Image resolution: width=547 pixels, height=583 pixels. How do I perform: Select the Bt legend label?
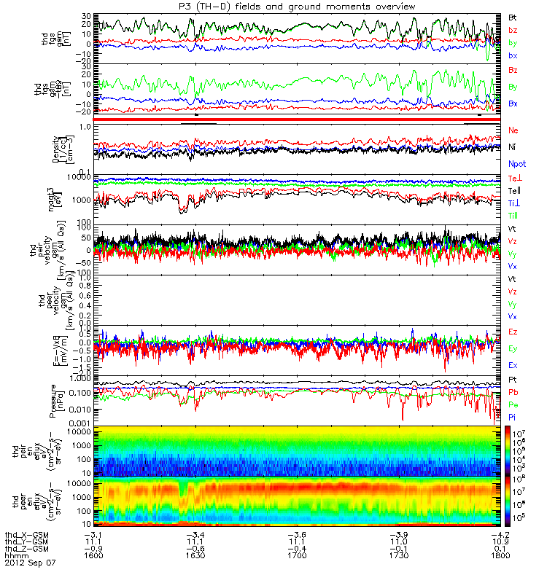(x=513, y=15)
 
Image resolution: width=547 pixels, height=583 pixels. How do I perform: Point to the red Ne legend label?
(x=513, y=130)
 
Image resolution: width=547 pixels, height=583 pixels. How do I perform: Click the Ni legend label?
(x=513, y=146)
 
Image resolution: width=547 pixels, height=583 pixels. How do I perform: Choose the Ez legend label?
(x=513, y=332)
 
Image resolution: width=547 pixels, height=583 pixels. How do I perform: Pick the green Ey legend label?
(x=513, y=348)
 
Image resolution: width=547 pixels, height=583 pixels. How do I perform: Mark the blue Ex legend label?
(x=513, y=365)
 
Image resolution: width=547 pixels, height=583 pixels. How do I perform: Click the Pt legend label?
(x=513, y=380)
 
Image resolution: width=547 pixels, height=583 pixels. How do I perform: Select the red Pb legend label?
(x=513, y=391)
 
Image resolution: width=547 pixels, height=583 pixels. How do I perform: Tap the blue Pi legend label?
(x=513, y=416)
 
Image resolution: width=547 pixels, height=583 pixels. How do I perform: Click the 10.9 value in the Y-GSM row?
(x=494, y=541)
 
